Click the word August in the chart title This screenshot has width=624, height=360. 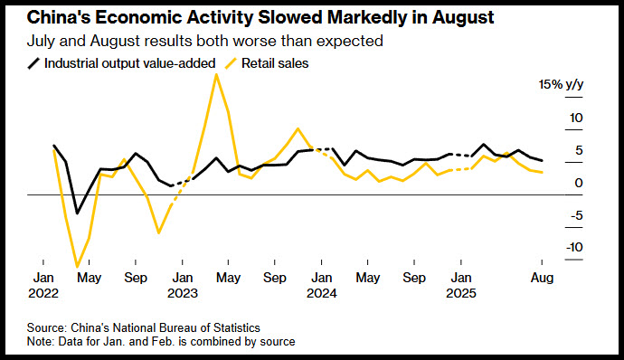[463, 18]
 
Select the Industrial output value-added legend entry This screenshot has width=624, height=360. [121, 63]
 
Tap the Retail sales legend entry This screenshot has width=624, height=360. [267, 63]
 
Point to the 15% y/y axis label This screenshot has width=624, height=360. [561, 84]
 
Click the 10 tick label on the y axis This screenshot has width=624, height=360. [576, 118]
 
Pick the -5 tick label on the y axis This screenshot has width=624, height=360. [577, 215]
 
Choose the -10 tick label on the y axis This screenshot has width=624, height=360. [574, 247]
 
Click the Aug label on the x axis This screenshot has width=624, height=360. [542, 278]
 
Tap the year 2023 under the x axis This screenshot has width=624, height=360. [183, 293]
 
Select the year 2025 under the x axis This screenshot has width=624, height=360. [461, 293]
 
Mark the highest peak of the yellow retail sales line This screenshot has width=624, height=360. [216, 74]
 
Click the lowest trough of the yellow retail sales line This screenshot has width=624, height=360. [77, 267]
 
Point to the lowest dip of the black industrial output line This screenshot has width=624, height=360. [77, 213]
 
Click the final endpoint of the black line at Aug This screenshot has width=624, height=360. [542, 160]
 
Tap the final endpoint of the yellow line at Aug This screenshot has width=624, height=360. [542, 173]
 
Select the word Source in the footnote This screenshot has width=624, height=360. [46, 328]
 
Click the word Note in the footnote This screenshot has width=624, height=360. [40, 342]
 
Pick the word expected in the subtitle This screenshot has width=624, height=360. [355, 41]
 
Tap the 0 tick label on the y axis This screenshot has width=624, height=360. [579, 183]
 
